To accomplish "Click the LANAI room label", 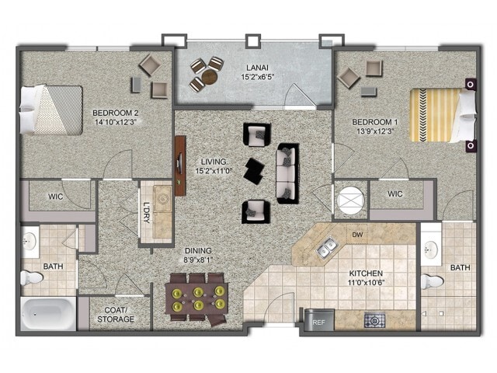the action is point(257,68).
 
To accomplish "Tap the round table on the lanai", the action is point(210,77).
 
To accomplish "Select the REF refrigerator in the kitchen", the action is point(319,319).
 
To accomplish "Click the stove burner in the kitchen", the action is point(374,321).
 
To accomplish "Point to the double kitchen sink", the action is point(327,247).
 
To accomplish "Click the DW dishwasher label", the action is point(357,235).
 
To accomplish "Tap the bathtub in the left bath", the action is point(48,313).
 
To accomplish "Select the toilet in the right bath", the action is point(433,281).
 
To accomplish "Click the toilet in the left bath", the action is point(32,278).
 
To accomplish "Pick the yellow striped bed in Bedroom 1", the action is point(443,115).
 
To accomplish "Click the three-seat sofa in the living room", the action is point(288,173).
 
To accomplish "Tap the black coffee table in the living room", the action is point(254,171).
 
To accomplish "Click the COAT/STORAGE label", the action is point(116,314).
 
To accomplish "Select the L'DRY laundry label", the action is point(147,212).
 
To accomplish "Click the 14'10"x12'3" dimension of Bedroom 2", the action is point(116,122).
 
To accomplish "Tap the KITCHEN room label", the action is point(366,273).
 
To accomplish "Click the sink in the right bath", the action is point(431,249).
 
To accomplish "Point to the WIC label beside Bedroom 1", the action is point(395,193).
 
